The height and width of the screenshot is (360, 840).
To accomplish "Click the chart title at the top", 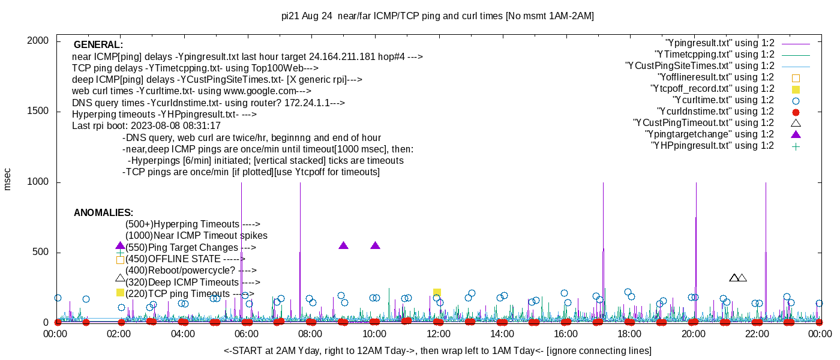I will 437,16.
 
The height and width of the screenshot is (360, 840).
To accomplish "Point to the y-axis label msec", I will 7,179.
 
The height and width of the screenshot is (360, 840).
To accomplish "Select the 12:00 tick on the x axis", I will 439,334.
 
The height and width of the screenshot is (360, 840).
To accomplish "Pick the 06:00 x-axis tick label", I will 247,334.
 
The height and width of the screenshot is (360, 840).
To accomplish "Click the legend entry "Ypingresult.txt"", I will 720,43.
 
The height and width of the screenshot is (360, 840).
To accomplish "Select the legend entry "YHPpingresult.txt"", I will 712,146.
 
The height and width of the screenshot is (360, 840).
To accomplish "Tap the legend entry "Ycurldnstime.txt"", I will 716,112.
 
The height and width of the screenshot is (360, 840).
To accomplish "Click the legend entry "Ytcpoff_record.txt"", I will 712,89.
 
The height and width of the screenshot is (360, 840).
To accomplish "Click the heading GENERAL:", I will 98,45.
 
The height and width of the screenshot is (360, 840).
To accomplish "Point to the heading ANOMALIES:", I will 103,213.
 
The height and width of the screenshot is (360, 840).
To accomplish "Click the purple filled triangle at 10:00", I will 376,245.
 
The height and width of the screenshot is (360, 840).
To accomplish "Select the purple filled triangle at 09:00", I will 343,245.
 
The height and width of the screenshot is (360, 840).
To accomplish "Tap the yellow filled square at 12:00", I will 437,292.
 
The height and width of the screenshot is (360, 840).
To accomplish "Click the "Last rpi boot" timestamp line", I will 146,126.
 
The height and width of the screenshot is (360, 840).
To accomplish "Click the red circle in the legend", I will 796,112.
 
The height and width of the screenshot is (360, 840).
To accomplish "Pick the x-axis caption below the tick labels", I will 437,350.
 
